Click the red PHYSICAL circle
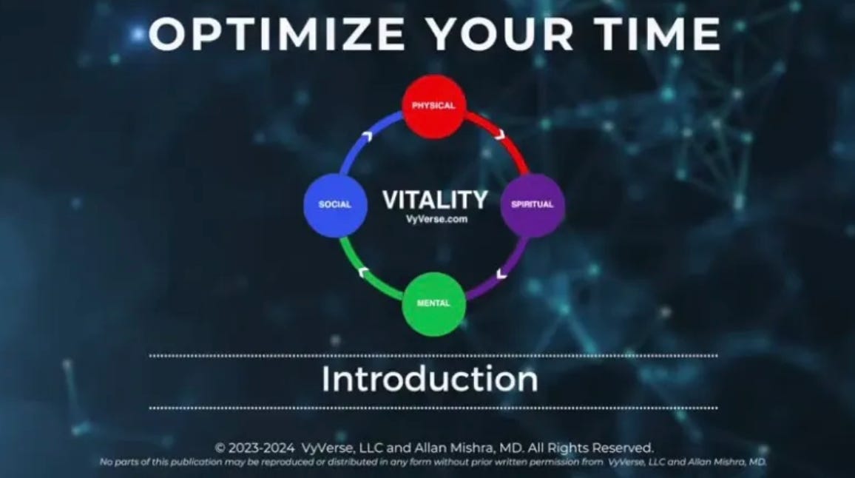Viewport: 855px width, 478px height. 433,107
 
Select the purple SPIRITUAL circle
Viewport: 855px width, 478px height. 533,205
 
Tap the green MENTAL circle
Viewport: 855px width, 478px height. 433,303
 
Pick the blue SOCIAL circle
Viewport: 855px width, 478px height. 335,205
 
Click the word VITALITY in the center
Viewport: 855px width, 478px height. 435,200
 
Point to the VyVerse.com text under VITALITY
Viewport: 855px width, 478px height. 436,219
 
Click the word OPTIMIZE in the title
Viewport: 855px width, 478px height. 275,34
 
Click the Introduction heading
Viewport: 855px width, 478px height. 430,379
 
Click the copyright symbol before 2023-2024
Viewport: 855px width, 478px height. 220,448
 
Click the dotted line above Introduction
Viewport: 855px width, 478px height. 433,356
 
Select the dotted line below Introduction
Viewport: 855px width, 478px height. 433,408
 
